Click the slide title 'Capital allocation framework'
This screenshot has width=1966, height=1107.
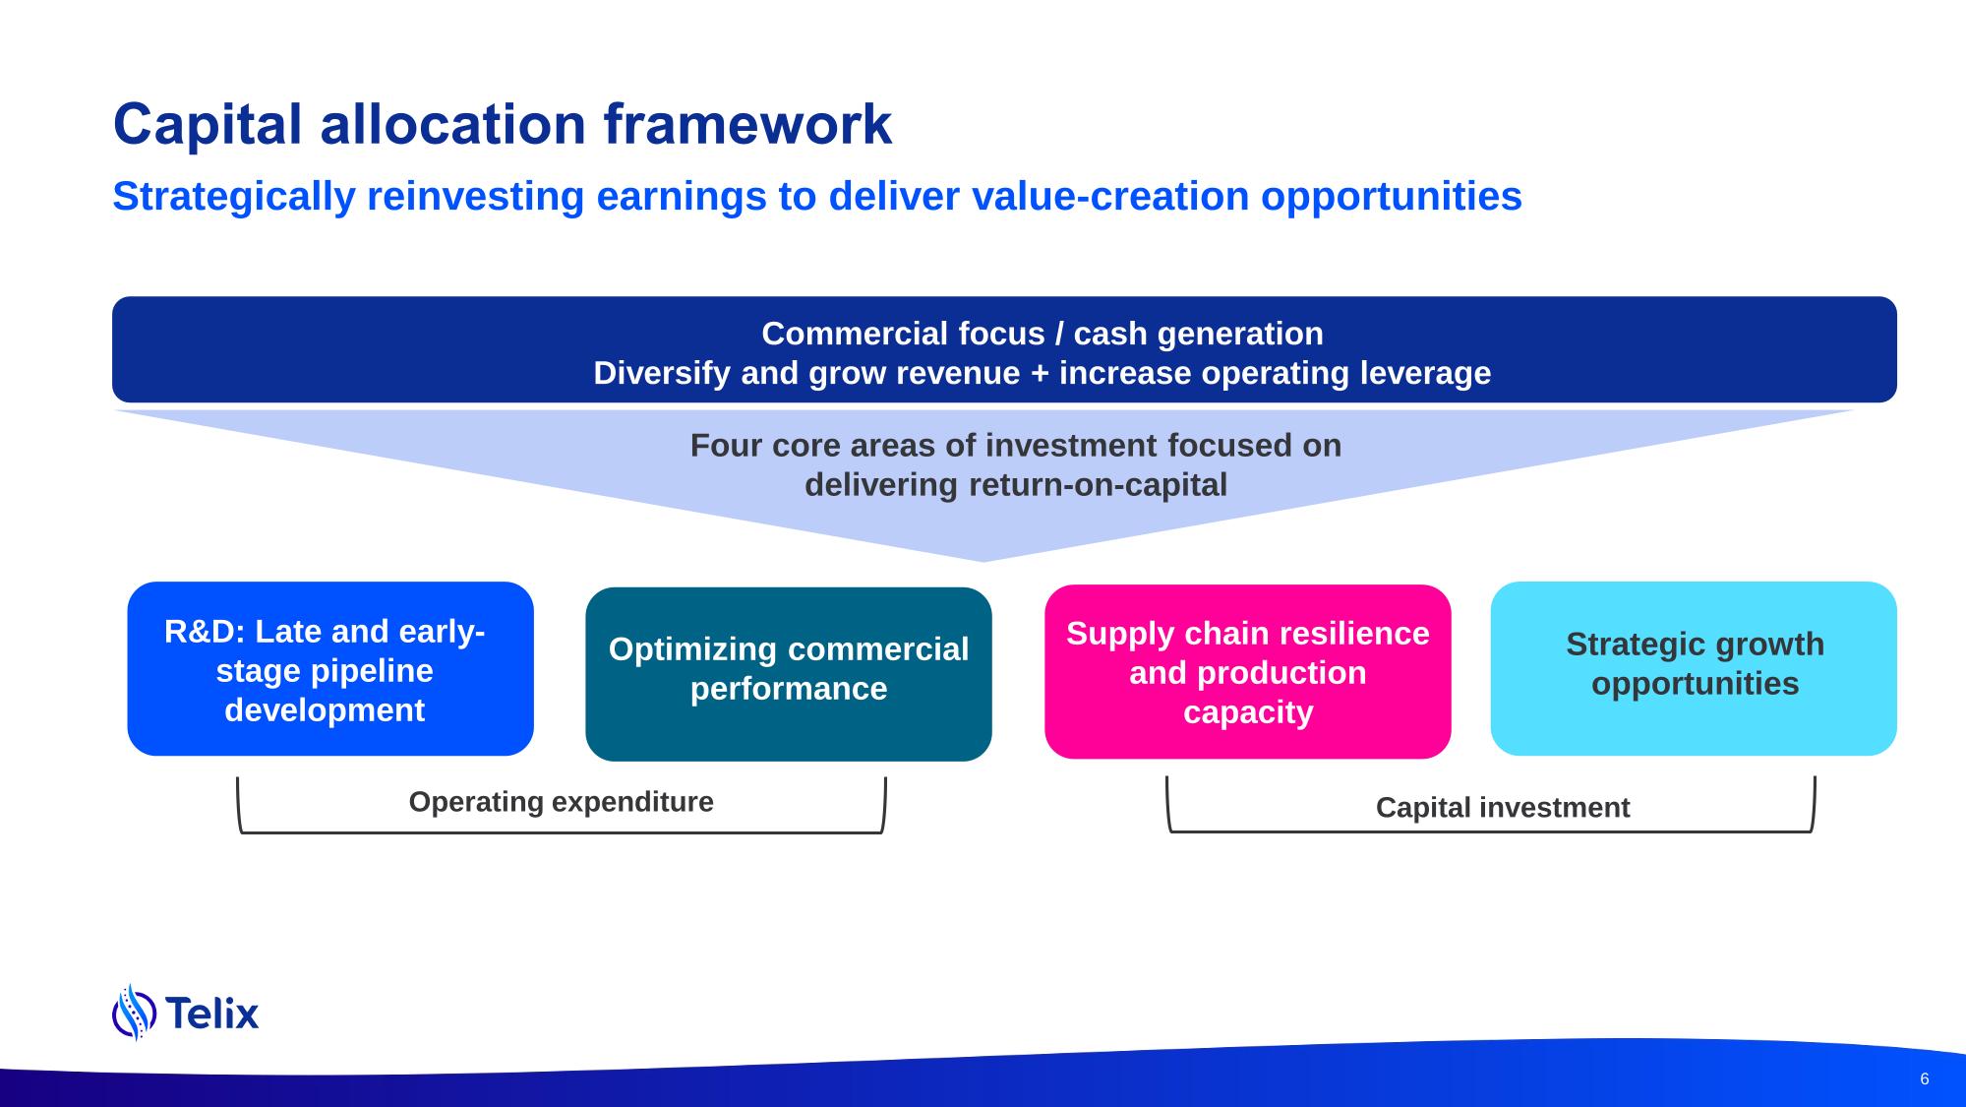pyautogui.click(x=503, y=126)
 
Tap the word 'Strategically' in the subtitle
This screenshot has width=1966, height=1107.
pyautogui.click(x=234, y=197)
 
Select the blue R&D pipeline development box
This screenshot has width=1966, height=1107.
pyautogui.click(x=330, y=669)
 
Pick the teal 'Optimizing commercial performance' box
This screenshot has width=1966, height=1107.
pyautogui.click(x=789, y=674)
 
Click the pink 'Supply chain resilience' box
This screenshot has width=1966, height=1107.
pyautogui.click(x=1248, y=672)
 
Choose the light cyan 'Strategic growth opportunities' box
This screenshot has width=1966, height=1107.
pyautogui.click(x=1694, y=669)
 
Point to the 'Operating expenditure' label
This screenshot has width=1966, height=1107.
pyautogui.click(x=562, y=802)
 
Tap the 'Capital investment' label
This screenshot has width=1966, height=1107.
pyautogui.click(x=1503, y=808)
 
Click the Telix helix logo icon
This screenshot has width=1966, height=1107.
pyautogui.click(x=135, y=1012)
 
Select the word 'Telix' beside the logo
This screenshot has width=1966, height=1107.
pyautogui.click(x=212, y=1013)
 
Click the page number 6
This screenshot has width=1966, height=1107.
pyautogui.click(x=1925, y=1079)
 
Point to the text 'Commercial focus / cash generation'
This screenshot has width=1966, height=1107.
pyautogui.click(x=1043, y=334)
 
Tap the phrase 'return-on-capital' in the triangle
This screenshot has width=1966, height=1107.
pyautogui.click(x=1098, y=485)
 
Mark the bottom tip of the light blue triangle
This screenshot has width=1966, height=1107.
pyautogui.click(x=983, y=562)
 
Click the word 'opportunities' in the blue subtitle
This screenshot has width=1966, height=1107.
pyautogui.click(x=1392, y=197)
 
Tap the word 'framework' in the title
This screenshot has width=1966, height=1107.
pyautogui.click(x=747, y=126)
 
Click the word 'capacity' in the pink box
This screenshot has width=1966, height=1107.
pyautogui.click(x=1248, y=712)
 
